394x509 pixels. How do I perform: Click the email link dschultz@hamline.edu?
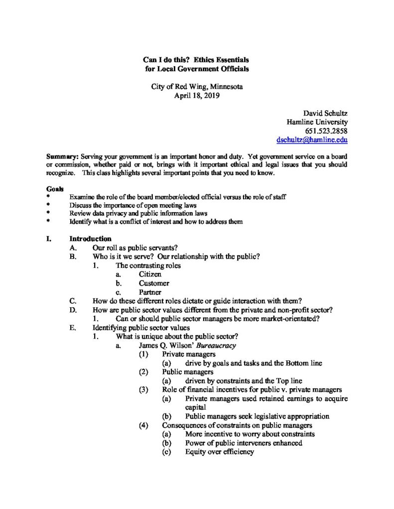coord(312,140)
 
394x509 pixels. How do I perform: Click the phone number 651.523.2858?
coord(326,131)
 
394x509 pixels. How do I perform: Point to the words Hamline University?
coord(317,122)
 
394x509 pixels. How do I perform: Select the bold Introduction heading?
coord(90,239)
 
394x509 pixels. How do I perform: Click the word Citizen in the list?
coord(150,274)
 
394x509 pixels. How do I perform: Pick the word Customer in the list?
coord(154,283)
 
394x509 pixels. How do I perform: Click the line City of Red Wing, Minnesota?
coord(197,86)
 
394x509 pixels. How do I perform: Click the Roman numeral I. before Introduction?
coord(49,239)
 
